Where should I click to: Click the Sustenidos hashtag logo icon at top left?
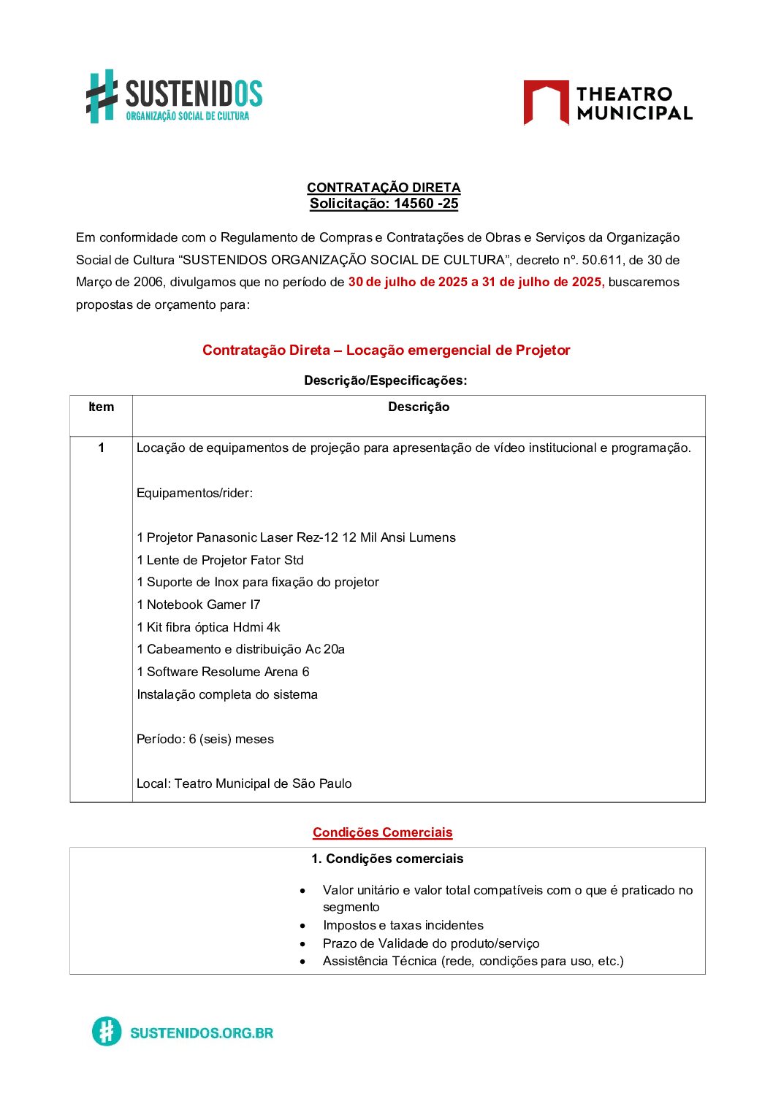point(102,96)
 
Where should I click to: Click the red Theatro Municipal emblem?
point(546,102)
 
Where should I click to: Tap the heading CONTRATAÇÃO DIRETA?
point(384,188)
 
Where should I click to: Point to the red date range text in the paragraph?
point(476,282)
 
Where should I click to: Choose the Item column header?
point(101,407)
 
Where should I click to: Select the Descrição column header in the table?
point(419,407)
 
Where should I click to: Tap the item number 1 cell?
point(101,448)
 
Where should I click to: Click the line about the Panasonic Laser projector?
point(296,537)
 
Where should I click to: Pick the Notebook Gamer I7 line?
point(198,605)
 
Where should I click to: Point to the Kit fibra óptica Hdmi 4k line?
point(208,627)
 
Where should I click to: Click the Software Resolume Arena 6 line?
point(223,672)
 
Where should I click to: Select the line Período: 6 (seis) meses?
point(205,739)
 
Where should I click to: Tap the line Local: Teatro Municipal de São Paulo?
point(244,783)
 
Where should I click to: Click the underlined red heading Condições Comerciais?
point(383,832)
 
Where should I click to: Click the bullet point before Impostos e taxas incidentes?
point(302,926)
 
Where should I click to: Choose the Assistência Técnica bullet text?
point(473,961)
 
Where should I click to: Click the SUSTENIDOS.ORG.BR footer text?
point(202,1032)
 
